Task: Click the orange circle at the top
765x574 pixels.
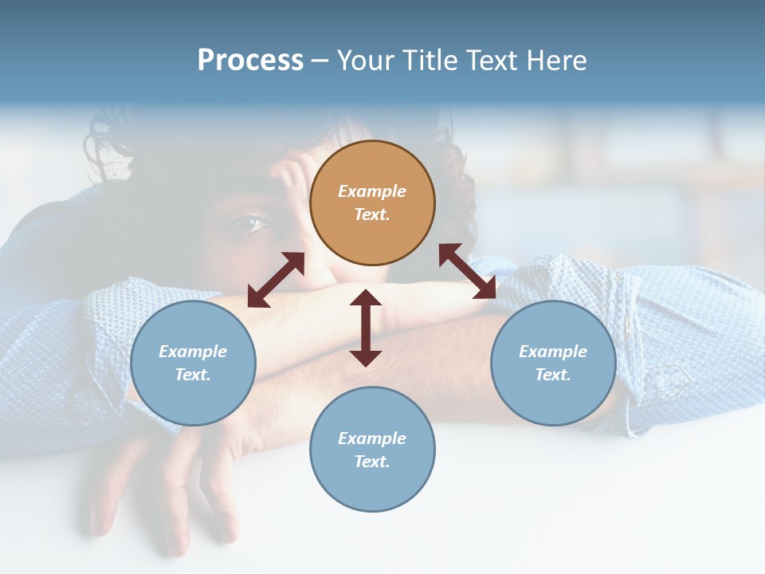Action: (x=372, y=203)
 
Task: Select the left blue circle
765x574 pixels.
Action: (x=193, y=363)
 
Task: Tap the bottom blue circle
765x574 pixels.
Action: (x=372, y=450)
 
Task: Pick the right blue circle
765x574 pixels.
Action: (x=553, y=363)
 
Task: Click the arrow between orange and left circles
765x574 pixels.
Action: (x=276, y=280)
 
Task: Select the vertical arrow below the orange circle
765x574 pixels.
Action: (x=366, y=328)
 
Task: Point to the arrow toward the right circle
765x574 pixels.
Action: (x=468, y=271)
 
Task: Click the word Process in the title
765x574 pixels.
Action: (x=250, y=60)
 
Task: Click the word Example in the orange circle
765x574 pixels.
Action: (x=372, y=191)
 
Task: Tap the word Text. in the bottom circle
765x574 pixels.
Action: (x=372, y=462)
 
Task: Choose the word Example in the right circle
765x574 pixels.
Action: (x=553, y=352)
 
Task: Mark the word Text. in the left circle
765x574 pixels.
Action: (x=193, y=375)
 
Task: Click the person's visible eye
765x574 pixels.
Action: (x=247, y=224)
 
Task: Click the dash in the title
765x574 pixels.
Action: (x=320, y=61)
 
